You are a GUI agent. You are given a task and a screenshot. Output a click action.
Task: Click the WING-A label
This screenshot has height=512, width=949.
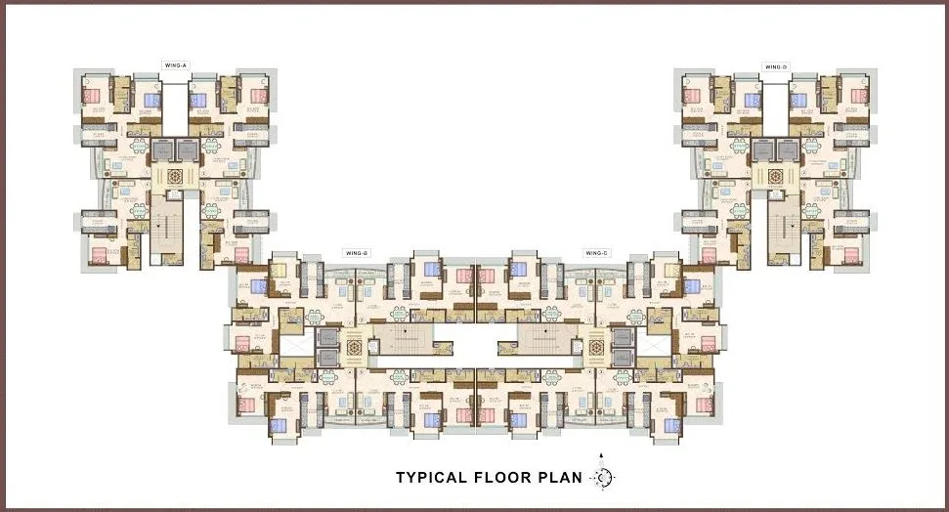point(176,64)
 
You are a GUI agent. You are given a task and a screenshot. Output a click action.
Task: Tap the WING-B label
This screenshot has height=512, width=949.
point(356,253)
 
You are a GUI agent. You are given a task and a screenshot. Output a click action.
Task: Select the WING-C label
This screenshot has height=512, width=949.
point(596,253)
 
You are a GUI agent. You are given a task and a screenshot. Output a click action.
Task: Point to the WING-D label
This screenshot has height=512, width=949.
point(776,66)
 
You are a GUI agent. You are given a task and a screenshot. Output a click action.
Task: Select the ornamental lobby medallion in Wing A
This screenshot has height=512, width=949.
point(176,177)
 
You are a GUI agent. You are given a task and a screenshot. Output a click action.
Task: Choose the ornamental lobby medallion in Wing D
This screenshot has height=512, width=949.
point(778,177)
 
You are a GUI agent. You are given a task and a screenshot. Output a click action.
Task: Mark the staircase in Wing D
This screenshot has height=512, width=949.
point(785,231)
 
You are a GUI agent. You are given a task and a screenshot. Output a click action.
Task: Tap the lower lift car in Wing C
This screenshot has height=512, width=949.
point(624,358)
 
